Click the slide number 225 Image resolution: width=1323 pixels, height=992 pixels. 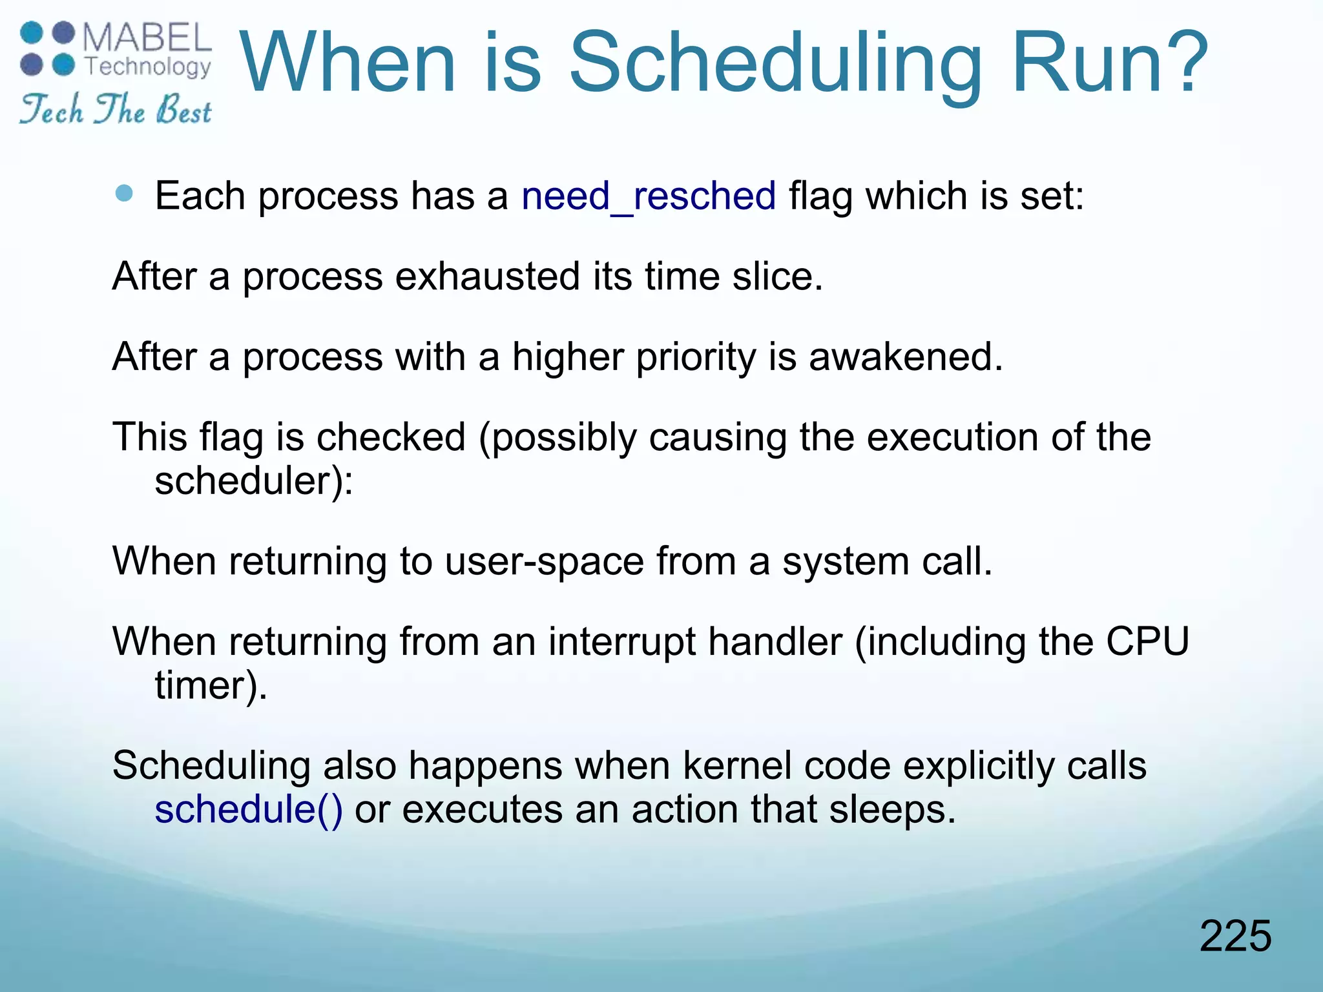[x=1235, y=936]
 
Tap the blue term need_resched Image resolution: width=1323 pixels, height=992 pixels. [x=648, y=196]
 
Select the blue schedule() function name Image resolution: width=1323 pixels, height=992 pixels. [x=249, y=810]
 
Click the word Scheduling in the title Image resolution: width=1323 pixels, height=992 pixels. [x=775, y=65]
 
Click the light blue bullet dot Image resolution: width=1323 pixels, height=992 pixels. [x=123, y=193]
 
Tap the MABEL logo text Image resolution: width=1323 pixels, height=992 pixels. [x=147, y=38]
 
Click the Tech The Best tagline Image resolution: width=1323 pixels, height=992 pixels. [x=115, y=109]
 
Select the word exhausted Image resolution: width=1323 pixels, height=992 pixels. [x=487, y=276]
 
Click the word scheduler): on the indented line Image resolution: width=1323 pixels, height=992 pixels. [x=254, y=481]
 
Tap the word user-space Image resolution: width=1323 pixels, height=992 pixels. [x=544, y=561]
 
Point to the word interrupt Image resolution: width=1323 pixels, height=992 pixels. [x=622, y=642]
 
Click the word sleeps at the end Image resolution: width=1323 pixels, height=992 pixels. [x=891, y=810]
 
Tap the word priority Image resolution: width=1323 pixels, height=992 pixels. [x=695, y=358]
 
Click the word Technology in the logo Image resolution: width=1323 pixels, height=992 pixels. [x=148, y=67]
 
